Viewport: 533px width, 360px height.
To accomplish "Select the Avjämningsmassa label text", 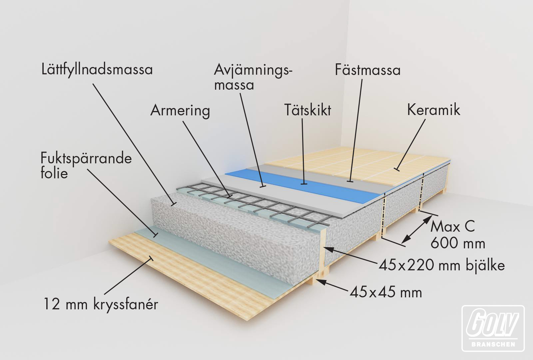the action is [253, 77].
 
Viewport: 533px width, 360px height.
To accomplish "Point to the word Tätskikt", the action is [307, 110].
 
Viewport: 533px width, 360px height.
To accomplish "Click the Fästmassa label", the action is [368, 70].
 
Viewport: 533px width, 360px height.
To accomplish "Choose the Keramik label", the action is [433, 110].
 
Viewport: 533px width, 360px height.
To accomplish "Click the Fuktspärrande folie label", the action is [86, 165].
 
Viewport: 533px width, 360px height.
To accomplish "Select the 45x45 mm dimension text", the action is [386, 292].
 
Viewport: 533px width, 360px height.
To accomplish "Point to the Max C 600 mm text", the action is [458, 235].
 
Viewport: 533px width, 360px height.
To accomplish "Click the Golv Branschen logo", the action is [493, 328].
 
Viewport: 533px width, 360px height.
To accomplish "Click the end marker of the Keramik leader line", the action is [396, 169].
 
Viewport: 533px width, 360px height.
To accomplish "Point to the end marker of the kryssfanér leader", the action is [150, 258].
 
